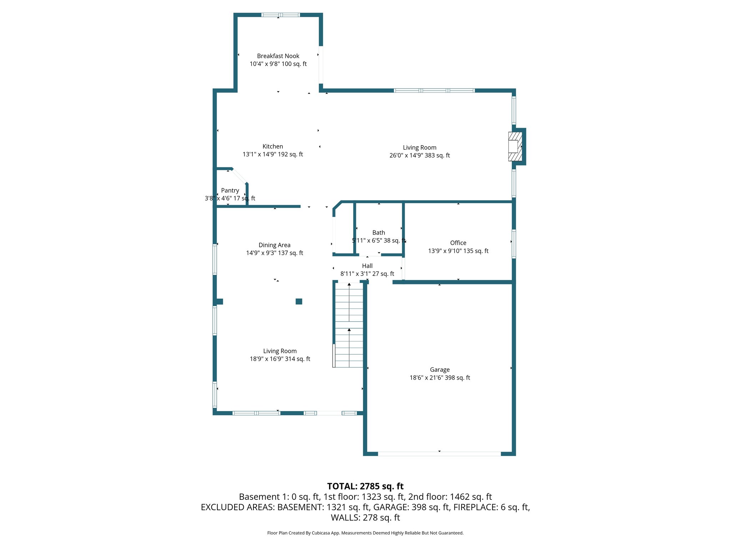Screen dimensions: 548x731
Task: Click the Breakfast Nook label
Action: [278, 56]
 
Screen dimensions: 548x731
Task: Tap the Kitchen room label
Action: [273, 146]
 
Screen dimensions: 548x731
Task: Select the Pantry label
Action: [230, 191]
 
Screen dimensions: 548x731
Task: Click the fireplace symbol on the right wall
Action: [515, 147]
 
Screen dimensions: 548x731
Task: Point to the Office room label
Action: [458, 243]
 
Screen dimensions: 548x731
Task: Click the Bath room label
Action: [379, 233]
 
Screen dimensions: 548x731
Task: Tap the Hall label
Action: [367, 266]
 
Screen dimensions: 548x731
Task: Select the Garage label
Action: [440, 370]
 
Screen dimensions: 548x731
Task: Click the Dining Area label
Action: [274, 245]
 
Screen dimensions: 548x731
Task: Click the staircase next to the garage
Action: [349, 325]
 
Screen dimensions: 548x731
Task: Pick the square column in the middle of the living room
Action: [299, 301]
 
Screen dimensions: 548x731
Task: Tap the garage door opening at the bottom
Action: [439, 454]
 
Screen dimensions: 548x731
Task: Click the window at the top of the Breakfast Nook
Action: [281, 15]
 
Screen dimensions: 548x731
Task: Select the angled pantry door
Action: [239, 176]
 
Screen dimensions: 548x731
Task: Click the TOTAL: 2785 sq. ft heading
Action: [365, 486]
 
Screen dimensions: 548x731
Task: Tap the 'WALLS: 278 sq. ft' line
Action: [365, 517]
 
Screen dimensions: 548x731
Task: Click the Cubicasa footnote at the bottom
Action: [365, 533]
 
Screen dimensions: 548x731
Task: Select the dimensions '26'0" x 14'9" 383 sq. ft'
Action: [419, 156]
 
